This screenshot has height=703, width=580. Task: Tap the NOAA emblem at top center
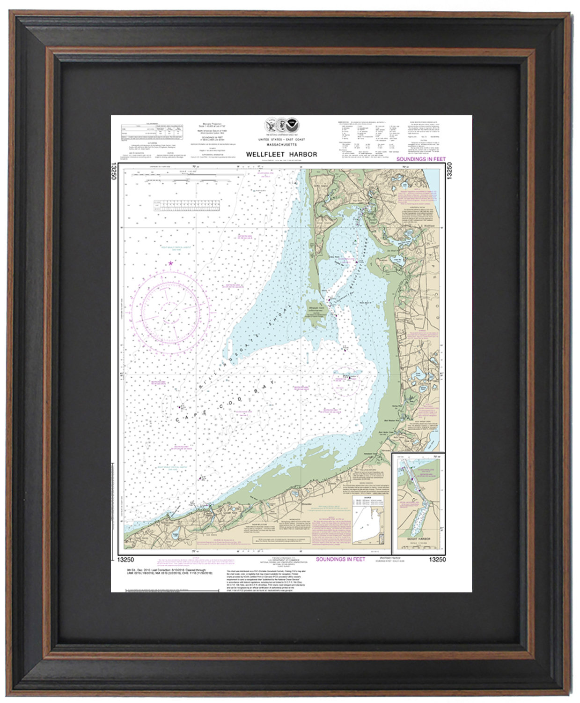tap(293, 125)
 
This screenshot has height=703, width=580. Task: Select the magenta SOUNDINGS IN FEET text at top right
tap(421, 159)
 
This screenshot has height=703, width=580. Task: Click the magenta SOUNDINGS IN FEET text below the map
tap(340, 559)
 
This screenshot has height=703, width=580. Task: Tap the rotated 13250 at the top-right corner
tap(449, 171)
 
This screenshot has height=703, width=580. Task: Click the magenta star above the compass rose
tap(170, 263)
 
